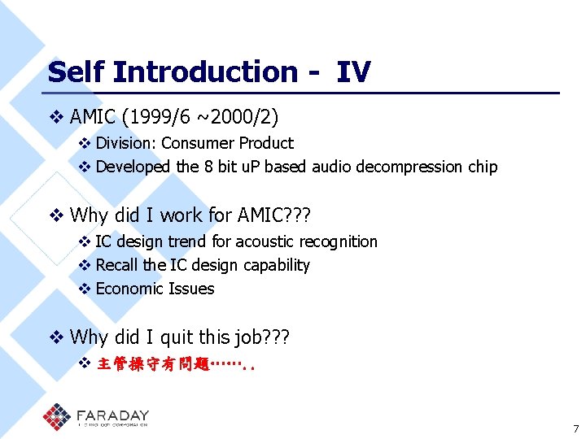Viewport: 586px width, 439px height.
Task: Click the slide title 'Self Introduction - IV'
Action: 209,72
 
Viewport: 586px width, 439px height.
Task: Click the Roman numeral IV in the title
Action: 353,72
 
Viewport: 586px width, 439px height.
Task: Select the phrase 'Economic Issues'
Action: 155,289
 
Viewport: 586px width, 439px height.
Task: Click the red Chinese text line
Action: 175,363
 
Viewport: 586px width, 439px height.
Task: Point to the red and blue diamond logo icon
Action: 58,417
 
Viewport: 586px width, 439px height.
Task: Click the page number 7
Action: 575,428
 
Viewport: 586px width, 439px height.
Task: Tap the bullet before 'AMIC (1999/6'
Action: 56,118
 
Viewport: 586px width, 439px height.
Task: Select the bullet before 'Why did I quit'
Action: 56,337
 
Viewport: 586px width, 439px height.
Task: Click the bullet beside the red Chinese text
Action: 84,363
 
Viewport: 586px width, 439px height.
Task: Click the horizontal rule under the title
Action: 303,93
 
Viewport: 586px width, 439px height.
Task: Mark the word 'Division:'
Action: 126,144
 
